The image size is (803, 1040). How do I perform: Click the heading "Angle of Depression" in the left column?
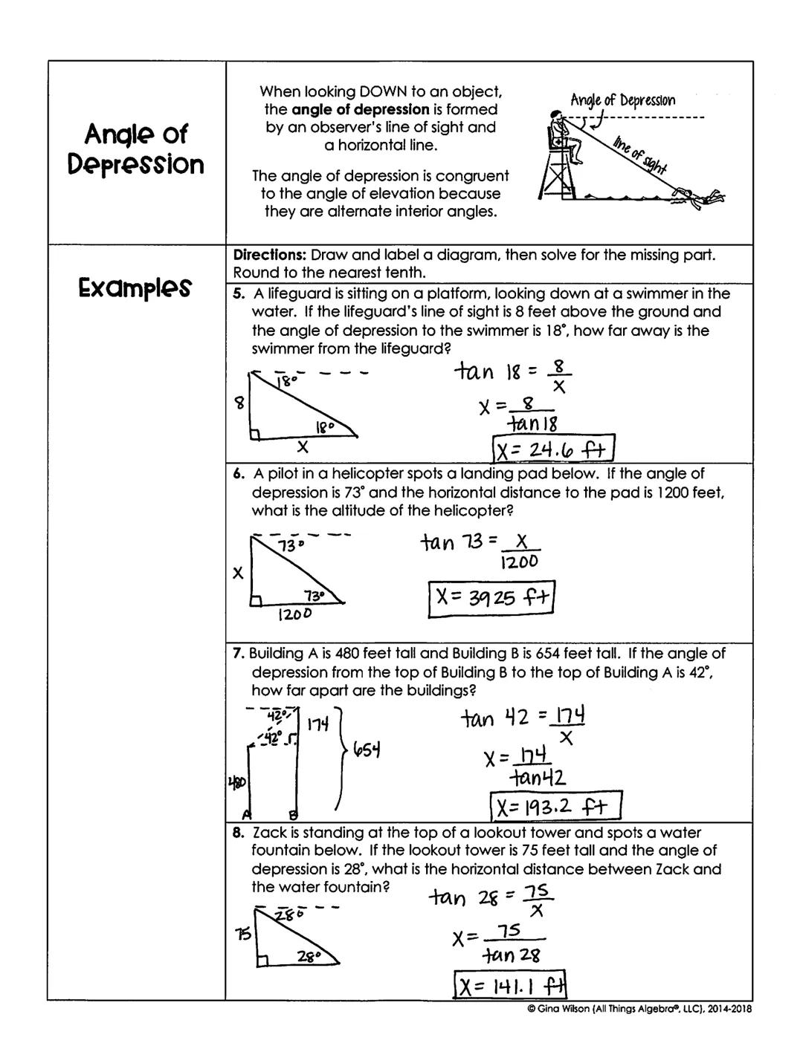135,149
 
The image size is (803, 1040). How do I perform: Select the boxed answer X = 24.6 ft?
554,449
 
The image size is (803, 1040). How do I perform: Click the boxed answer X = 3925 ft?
492,598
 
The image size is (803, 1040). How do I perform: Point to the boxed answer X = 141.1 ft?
510,987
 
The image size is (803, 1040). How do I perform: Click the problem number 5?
238,294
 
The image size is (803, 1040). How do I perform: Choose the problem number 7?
238,654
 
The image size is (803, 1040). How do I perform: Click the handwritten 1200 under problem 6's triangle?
294,614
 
